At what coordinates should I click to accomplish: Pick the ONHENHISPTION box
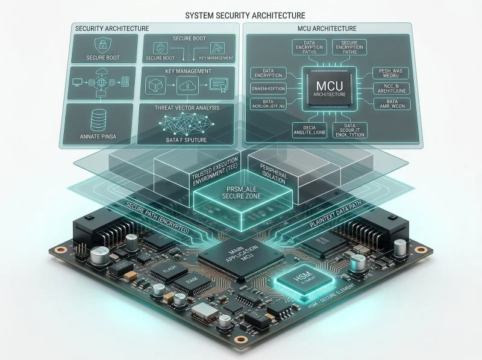click(x=271, y=89)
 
